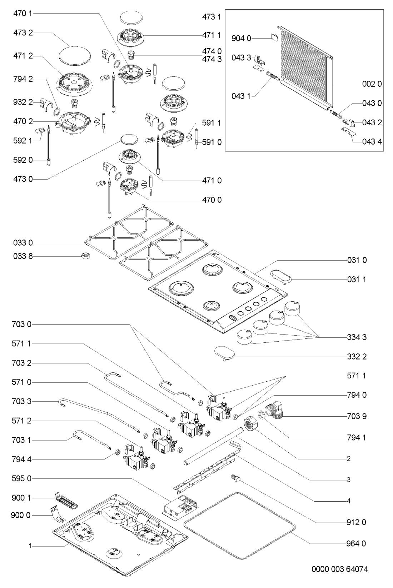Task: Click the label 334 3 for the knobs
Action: tap(357, 337)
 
